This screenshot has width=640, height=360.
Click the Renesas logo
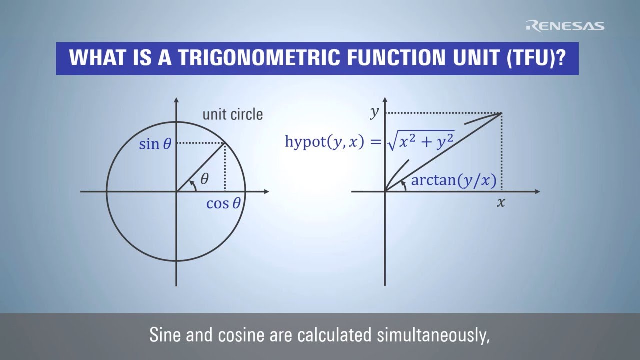point(565,26)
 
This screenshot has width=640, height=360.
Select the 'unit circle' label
point(232,114)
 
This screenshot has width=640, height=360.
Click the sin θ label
point(155,144)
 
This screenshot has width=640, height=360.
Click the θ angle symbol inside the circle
point(204,179)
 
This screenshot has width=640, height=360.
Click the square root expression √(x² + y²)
point(420,142)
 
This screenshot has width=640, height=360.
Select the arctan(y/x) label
point(453,180)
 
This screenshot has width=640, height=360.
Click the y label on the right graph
point(375,112)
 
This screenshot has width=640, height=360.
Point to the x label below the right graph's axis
point(501,203)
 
